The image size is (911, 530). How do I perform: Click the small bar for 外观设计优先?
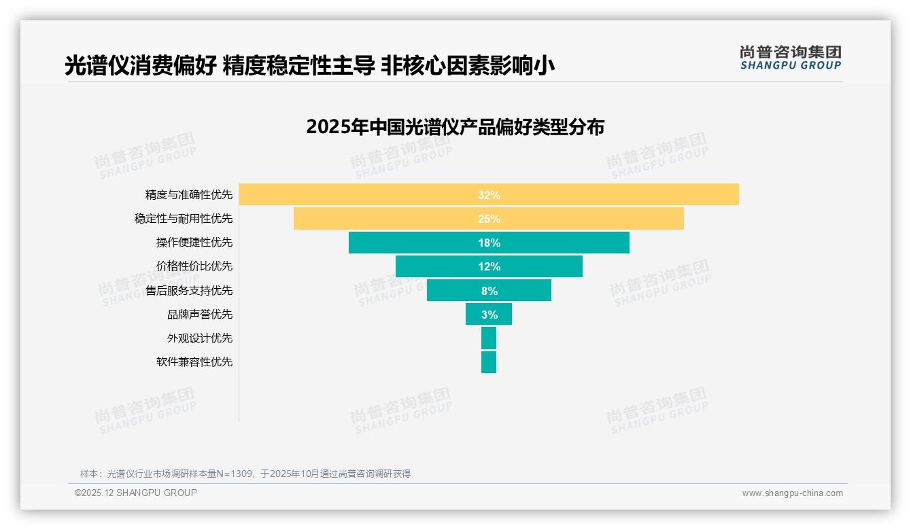pos(489,338)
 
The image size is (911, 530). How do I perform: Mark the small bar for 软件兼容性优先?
pos(489,362)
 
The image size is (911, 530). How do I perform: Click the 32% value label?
pos(489,195)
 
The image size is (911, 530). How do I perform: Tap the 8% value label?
pos(489,291)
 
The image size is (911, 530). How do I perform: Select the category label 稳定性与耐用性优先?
pos(184,219)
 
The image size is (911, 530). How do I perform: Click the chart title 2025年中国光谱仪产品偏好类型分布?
pos(455,127)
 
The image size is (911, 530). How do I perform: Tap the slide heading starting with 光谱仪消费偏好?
pos(309,65)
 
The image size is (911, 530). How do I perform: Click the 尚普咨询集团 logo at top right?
pos(791,57)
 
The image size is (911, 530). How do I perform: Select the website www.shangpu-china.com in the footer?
pos(792,493)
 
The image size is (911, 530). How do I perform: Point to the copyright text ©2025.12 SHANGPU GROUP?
pos(136,493)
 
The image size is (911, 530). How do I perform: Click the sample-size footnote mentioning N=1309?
pos(245,474)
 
